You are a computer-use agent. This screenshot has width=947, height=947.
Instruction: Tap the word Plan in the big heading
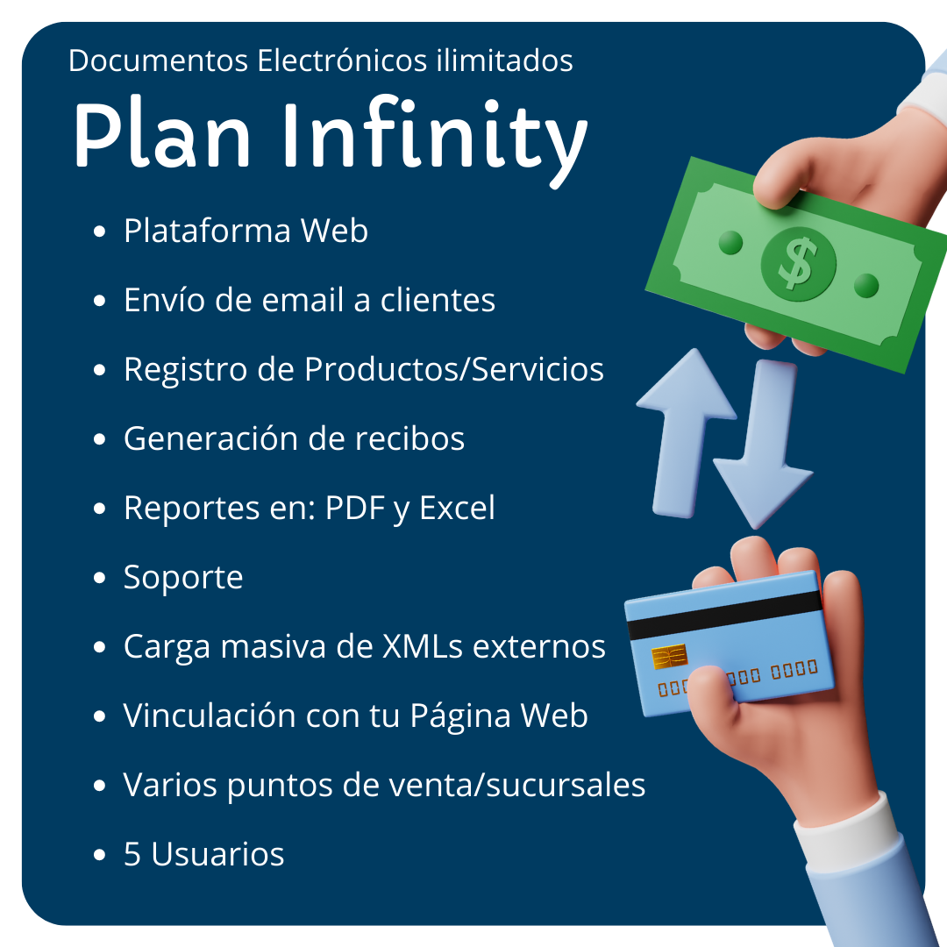click(162, 133)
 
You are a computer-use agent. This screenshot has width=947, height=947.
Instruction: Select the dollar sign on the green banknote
click(798, 263)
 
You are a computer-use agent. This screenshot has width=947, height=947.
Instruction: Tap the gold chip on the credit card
click(669, 657)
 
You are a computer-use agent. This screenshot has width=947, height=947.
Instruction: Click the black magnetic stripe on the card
click(725, 616)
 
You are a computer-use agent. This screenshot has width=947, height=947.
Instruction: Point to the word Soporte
click(183, 577)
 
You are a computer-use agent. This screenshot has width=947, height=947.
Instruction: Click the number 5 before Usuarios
click(132, 854)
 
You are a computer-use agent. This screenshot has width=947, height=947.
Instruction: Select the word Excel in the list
click(457, 508)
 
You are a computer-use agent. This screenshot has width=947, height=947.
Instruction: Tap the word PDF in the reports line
click(355, 508)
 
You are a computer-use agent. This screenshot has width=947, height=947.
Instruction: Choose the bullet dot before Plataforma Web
click(100, 231)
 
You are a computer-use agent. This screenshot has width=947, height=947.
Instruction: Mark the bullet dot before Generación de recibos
click(100, 439)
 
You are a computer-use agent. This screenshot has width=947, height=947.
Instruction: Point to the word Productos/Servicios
click(454, 369)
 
